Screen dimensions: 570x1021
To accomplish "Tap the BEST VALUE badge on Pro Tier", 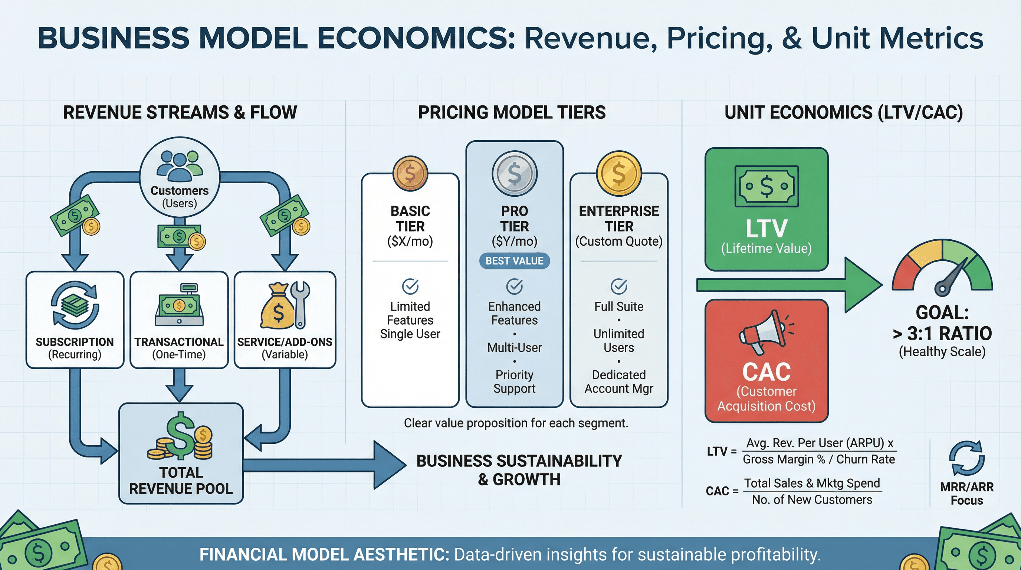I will click(515, 261).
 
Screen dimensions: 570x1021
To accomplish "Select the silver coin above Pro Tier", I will click(515, 173).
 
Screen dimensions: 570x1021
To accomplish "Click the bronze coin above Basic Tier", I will click(410, 173).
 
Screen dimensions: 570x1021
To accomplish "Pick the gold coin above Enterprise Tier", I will click(619, 173).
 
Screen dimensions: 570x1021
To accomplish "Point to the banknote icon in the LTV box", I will click(766, 186).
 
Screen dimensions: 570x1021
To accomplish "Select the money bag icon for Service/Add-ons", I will click(278, 307).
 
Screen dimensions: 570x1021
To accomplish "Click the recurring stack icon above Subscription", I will click(75, 305).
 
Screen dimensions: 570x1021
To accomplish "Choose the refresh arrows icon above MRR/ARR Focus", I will click(967, 458).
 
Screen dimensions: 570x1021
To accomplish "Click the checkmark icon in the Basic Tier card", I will click(410, 286).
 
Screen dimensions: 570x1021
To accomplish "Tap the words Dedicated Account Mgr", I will click(619, 381).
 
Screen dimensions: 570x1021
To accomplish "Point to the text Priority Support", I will click(515, 381).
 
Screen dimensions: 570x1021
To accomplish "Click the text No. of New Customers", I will click(812, 499).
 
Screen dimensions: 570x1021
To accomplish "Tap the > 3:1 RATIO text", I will click(942, 333).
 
